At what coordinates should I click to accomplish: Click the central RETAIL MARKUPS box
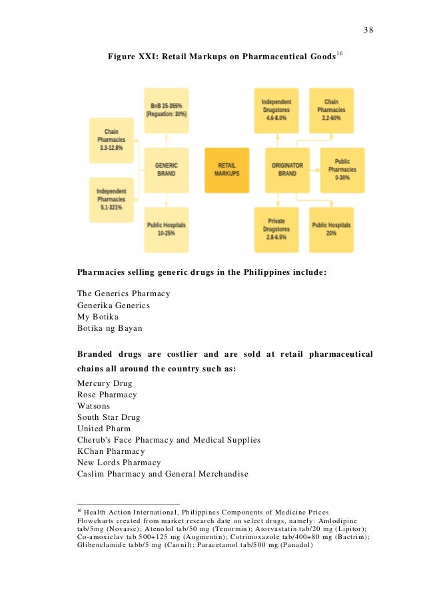point(226,170)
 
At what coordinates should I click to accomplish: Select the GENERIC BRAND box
point(167,170)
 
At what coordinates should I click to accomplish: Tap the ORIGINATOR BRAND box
point(287,170)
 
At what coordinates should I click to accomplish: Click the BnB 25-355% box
point(167,110)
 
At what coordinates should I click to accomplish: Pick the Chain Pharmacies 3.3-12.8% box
point(111,140)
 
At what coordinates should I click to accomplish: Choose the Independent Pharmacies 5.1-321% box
point(111,200)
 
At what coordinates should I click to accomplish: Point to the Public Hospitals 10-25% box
point(167,229)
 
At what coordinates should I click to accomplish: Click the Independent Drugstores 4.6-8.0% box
point(276,110)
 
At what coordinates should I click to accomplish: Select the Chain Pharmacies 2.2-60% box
point(331,110)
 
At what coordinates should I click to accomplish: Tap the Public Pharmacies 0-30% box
point(342,170)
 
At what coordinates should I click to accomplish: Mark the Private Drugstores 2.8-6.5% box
point(276,229)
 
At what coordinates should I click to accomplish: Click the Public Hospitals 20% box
point(331,229)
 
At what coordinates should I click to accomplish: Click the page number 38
point(368,30)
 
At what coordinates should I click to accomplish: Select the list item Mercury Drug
point(105,383)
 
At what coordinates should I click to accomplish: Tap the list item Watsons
point(93,406)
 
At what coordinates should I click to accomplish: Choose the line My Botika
point(98,316)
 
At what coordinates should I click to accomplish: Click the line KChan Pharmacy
point(113,451)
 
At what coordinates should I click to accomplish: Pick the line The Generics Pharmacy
point(123,294)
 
